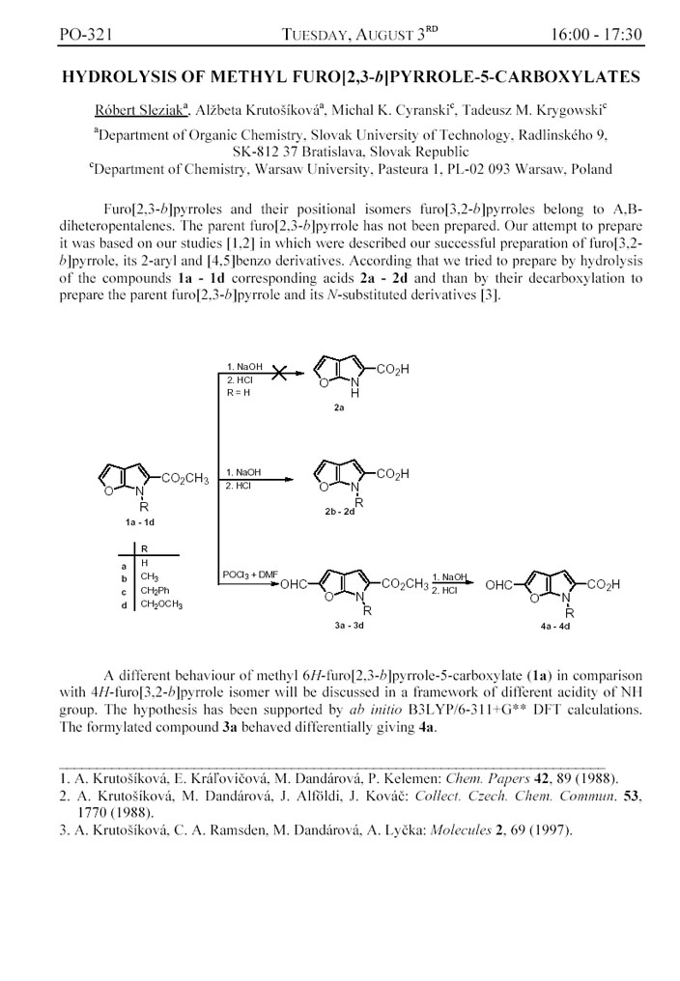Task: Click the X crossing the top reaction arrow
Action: tap(280, 374)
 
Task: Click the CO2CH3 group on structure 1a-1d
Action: tap(184, 478)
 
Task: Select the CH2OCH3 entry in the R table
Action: tap(161, 604)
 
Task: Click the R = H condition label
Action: tap(239, 394)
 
